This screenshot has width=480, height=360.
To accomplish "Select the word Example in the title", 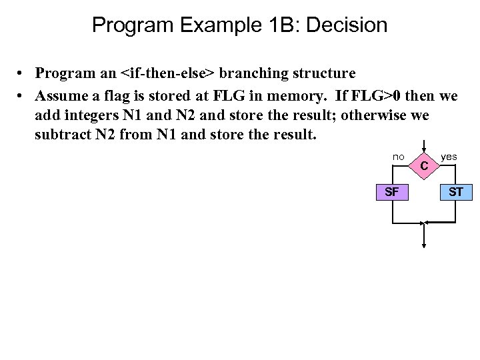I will pos(222,25).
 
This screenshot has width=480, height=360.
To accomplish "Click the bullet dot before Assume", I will pos(22,97).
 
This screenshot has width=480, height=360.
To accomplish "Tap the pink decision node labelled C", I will pos(424,165).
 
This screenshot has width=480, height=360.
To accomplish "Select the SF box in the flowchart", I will pos(392,193).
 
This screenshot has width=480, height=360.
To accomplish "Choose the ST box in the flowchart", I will pos(456,193).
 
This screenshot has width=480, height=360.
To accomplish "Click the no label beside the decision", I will pos(398,157).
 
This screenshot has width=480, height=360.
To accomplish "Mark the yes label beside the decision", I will pos(449,157).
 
